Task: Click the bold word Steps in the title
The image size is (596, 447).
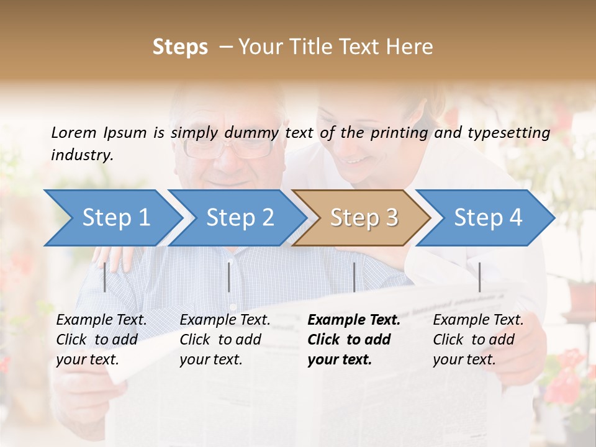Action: point(180,47)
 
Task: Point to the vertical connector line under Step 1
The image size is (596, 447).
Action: point(105,277)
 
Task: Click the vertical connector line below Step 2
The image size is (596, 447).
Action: point(229,277)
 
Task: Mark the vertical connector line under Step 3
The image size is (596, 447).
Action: point(354,277)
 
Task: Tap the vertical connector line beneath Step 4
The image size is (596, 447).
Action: point(479,277)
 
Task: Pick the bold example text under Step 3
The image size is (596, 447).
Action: point(353,340)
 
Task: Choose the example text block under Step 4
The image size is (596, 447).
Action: point(478,340)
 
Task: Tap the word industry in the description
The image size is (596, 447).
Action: point(82,155)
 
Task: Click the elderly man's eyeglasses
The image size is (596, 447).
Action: point(230,147)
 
